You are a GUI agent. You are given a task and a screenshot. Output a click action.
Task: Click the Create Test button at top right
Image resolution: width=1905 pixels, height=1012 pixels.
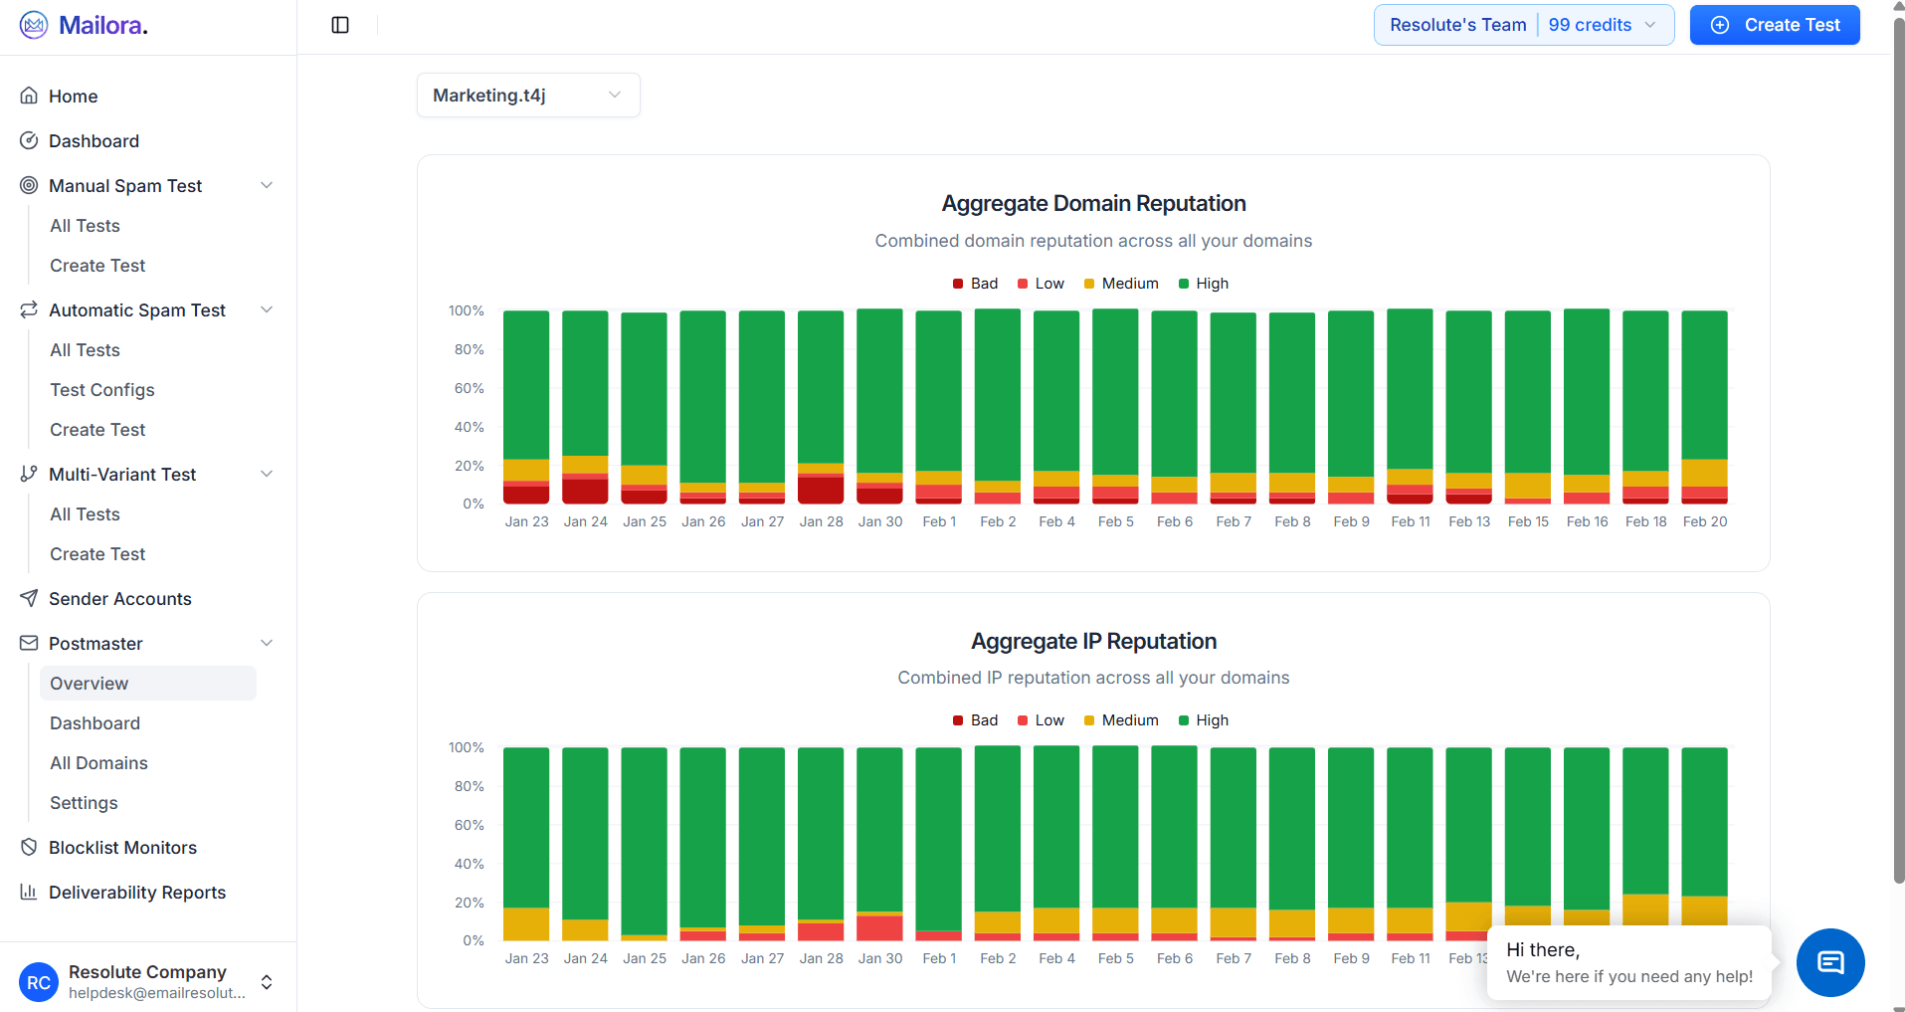[x=1775, y=25]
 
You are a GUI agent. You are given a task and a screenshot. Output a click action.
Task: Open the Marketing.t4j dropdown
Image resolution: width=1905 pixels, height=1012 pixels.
[x=527, y=96]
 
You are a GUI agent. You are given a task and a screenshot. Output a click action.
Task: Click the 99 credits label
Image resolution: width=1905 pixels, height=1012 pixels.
[x=1589, y=25]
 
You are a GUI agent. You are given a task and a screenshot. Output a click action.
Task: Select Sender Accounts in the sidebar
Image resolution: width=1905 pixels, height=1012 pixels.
[x=119, y=599]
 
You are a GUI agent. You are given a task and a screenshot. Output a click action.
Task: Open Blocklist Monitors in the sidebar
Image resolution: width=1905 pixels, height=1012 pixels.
[x=122, y=848]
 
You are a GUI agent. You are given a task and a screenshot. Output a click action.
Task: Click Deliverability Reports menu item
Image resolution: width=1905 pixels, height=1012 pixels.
[x=136, y=893]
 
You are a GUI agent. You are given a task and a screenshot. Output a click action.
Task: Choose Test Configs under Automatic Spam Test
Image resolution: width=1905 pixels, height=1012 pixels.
[x=101, y=390]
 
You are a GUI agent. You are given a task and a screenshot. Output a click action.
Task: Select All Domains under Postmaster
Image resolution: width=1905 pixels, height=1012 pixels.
[x=98, y=763]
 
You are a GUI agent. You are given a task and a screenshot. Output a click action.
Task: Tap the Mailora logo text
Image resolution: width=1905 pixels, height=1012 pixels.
[x=102, y=25]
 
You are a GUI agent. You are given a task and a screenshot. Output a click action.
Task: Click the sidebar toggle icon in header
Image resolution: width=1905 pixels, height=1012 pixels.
[x=340, y=25]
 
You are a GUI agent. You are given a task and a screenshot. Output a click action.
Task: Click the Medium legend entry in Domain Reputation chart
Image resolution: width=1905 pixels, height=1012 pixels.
[x=1121, y=284]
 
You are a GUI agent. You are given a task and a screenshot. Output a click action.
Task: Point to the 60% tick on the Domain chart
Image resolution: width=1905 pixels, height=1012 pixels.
[x=469, y=388]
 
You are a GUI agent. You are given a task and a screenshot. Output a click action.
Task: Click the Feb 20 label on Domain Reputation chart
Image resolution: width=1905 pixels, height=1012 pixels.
[x=1704, y=521]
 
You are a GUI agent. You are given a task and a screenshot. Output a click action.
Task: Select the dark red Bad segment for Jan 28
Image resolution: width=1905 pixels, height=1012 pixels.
[x=821, y=490]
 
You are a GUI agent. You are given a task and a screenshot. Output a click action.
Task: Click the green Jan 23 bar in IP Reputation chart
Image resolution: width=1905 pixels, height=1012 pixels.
[x=526, y=826]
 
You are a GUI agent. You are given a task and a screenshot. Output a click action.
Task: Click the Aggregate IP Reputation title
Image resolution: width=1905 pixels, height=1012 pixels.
[x=1093, y=642]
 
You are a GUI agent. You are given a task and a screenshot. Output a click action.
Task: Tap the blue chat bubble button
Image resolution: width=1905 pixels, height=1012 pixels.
[x=1829, y=962]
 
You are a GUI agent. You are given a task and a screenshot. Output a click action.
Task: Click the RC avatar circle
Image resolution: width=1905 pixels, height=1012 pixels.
[x=39, y=982]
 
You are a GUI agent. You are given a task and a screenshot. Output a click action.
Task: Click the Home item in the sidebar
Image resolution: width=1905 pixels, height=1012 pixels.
[x=73, y=97]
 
